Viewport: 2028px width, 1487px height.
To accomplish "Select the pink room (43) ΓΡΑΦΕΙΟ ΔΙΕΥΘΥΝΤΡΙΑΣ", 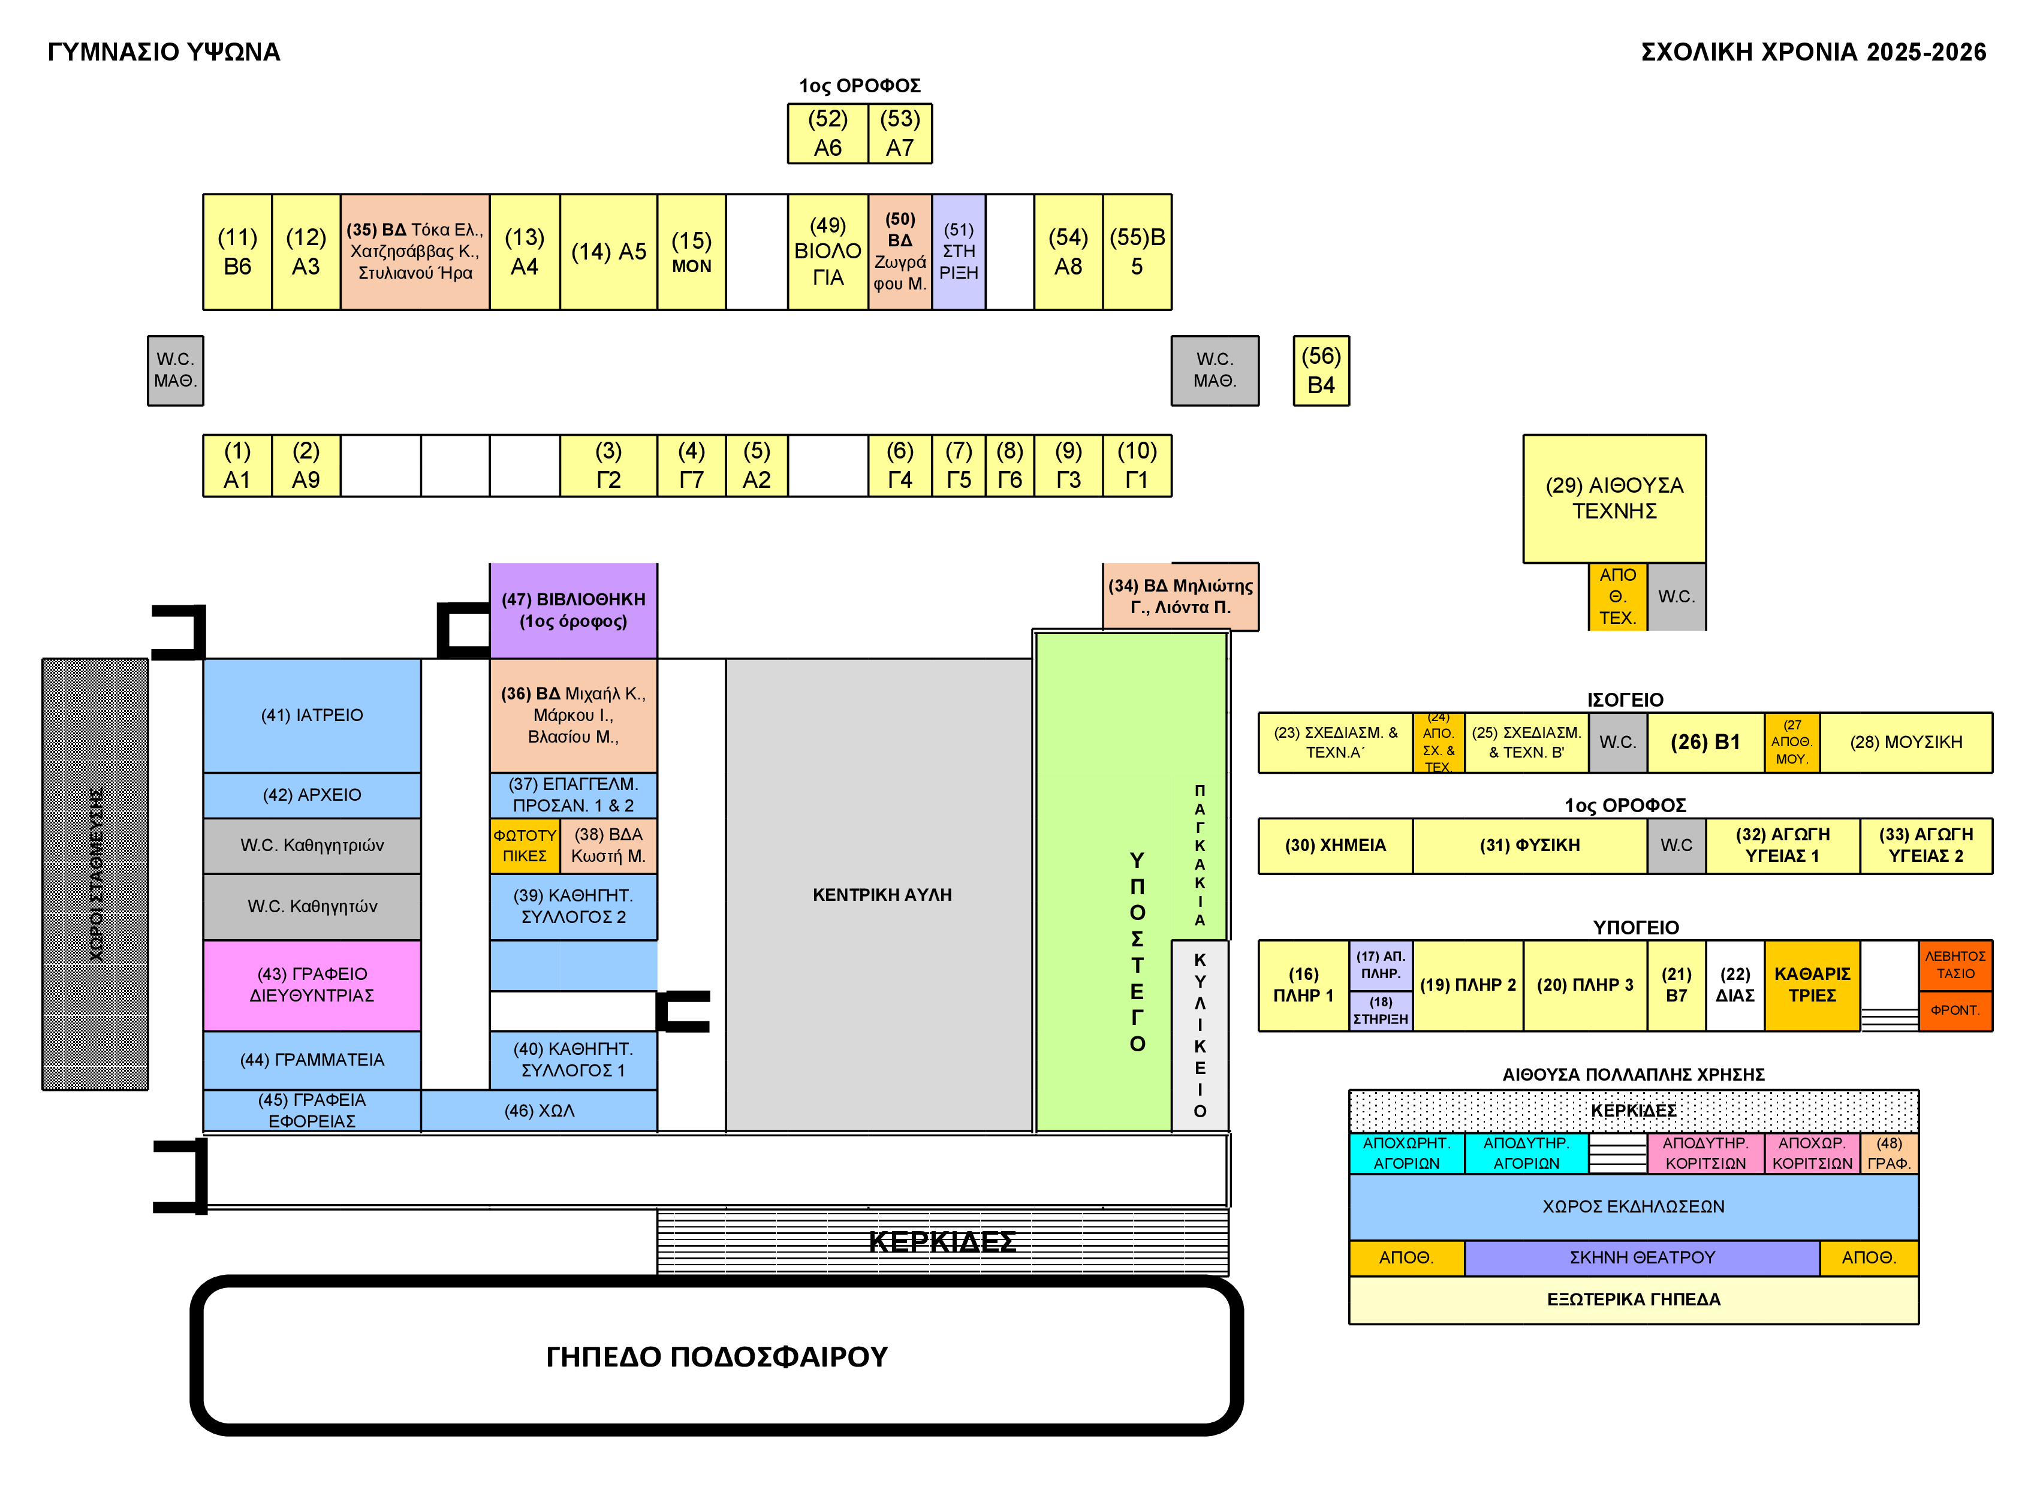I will [x=312, y=985].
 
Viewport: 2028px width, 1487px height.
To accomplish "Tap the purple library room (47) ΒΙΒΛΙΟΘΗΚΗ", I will [x=572, y=610].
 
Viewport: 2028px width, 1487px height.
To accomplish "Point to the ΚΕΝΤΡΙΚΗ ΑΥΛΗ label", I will [x=881, y=895].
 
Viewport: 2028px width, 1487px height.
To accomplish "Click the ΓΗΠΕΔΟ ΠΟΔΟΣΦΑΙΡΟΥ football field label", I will [x=716, y=1356].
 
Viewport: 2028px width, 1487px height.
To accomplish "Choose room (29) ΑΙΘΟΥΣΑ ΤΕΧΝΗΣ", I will [x=1613, y=498].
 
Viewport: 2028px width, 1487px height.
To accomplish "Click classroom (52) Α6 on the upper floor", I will [x=827, y=133].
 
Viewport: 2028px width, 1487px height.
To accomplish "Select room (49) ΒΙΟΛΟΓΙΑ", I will [x=827, y=252].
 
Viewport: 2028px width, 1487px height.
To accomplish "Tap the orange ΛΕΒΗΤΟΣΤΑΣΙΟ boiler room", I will [x=1954, y=965].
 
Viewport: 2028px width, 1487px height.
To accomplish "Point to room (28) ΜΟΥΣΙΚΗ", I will [x=1906, y=743].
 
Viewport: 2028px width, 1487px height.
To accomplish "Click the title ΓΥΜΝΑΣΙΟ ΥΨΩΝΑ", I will [x=164, y=52].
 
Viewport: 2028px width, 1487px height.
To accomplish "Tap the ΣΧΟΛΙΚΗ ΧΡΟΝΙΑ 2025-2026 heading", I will [x=1813, y=52].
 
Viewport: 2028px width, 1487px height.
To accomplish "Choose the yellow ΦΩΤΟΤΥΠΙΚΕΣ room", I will [x=524, y=845].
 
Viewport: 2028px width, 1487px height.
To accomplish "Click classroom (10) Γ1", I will [x=1136, y=465].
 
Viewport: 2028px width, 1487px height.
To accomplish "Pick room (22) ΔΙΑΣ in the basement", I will [x=1734, y=985].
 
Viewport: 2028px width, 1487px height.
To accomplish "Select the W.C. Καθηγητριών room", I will [x=312, y=845].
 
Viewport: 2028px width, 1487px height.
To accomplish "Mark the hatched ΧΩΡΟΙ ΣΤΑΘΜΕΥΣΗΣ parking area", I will [x=95, y=874].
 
